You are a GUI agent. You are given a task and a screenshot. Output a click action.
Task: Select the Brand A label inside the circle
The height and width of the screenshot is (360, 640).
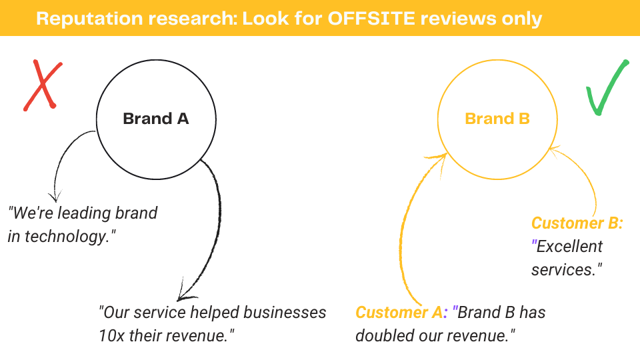(156, 119)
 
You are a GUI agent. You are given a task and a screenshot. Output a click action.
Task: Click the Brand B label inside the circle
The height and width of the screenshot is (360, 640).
(497, 119)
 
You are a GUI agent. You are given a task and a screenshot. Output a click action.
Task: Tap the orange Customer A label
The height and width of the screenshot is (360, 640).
(399, 312)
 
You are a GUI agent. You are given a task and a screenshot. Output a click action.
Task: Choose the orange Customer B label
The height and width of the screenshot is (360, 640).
(576, 223)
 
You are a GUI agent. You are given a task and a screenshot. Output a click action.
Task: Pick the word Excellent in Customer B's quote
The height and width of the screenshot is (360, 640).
(569, 247)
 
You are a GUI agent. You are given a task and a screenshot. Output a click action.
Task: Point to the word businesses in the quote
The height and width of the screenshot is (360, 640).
(280, 312)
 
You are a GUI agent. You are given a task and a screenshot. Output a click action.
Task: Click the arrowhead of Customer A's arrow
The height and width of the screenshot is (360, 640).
(441, 157)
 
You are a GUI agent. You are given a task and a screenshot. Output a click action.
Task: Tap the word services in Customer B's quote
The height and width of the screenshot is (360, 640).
(567, 270)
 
